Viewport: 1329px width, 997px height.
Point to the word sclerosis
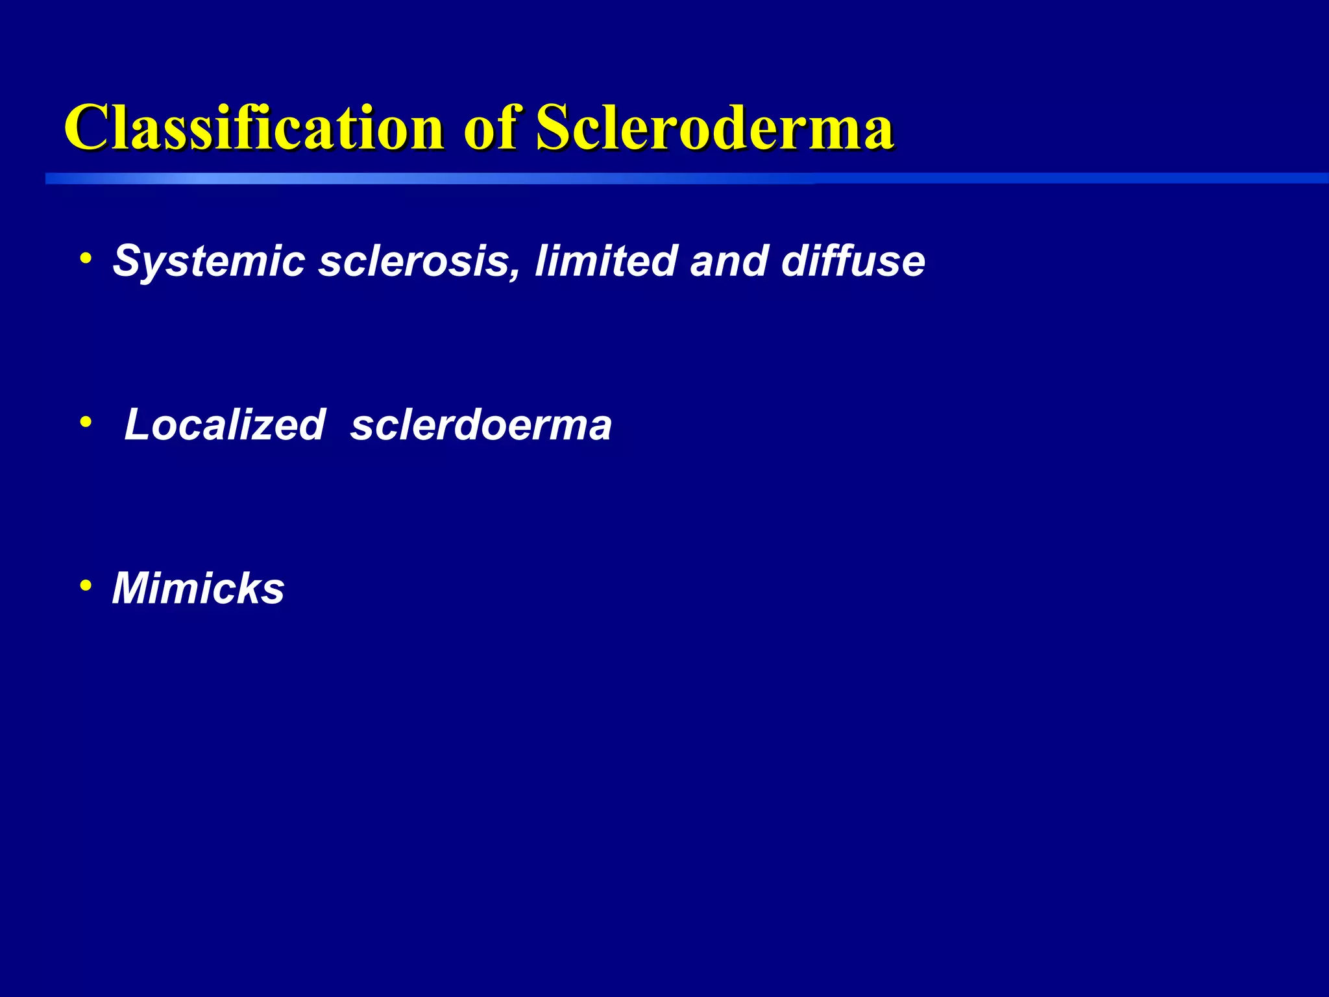tap(415, 262)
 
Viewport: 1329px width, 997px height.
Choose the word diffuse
tap(853, 261)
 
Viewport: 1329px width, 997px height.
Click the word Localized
tap(225, 425)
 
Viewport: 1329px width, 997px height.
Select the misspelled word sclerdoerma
tap(481, 426)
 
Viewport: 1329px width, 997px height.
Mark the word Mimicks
tap(198, 589)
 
